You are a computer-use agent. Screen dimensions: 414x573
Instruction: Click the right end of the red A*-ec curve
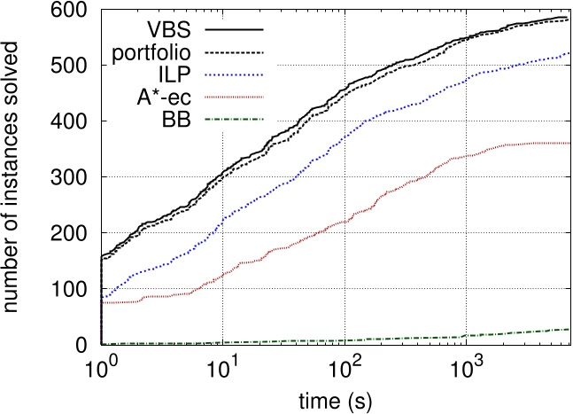click(567, 144)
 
